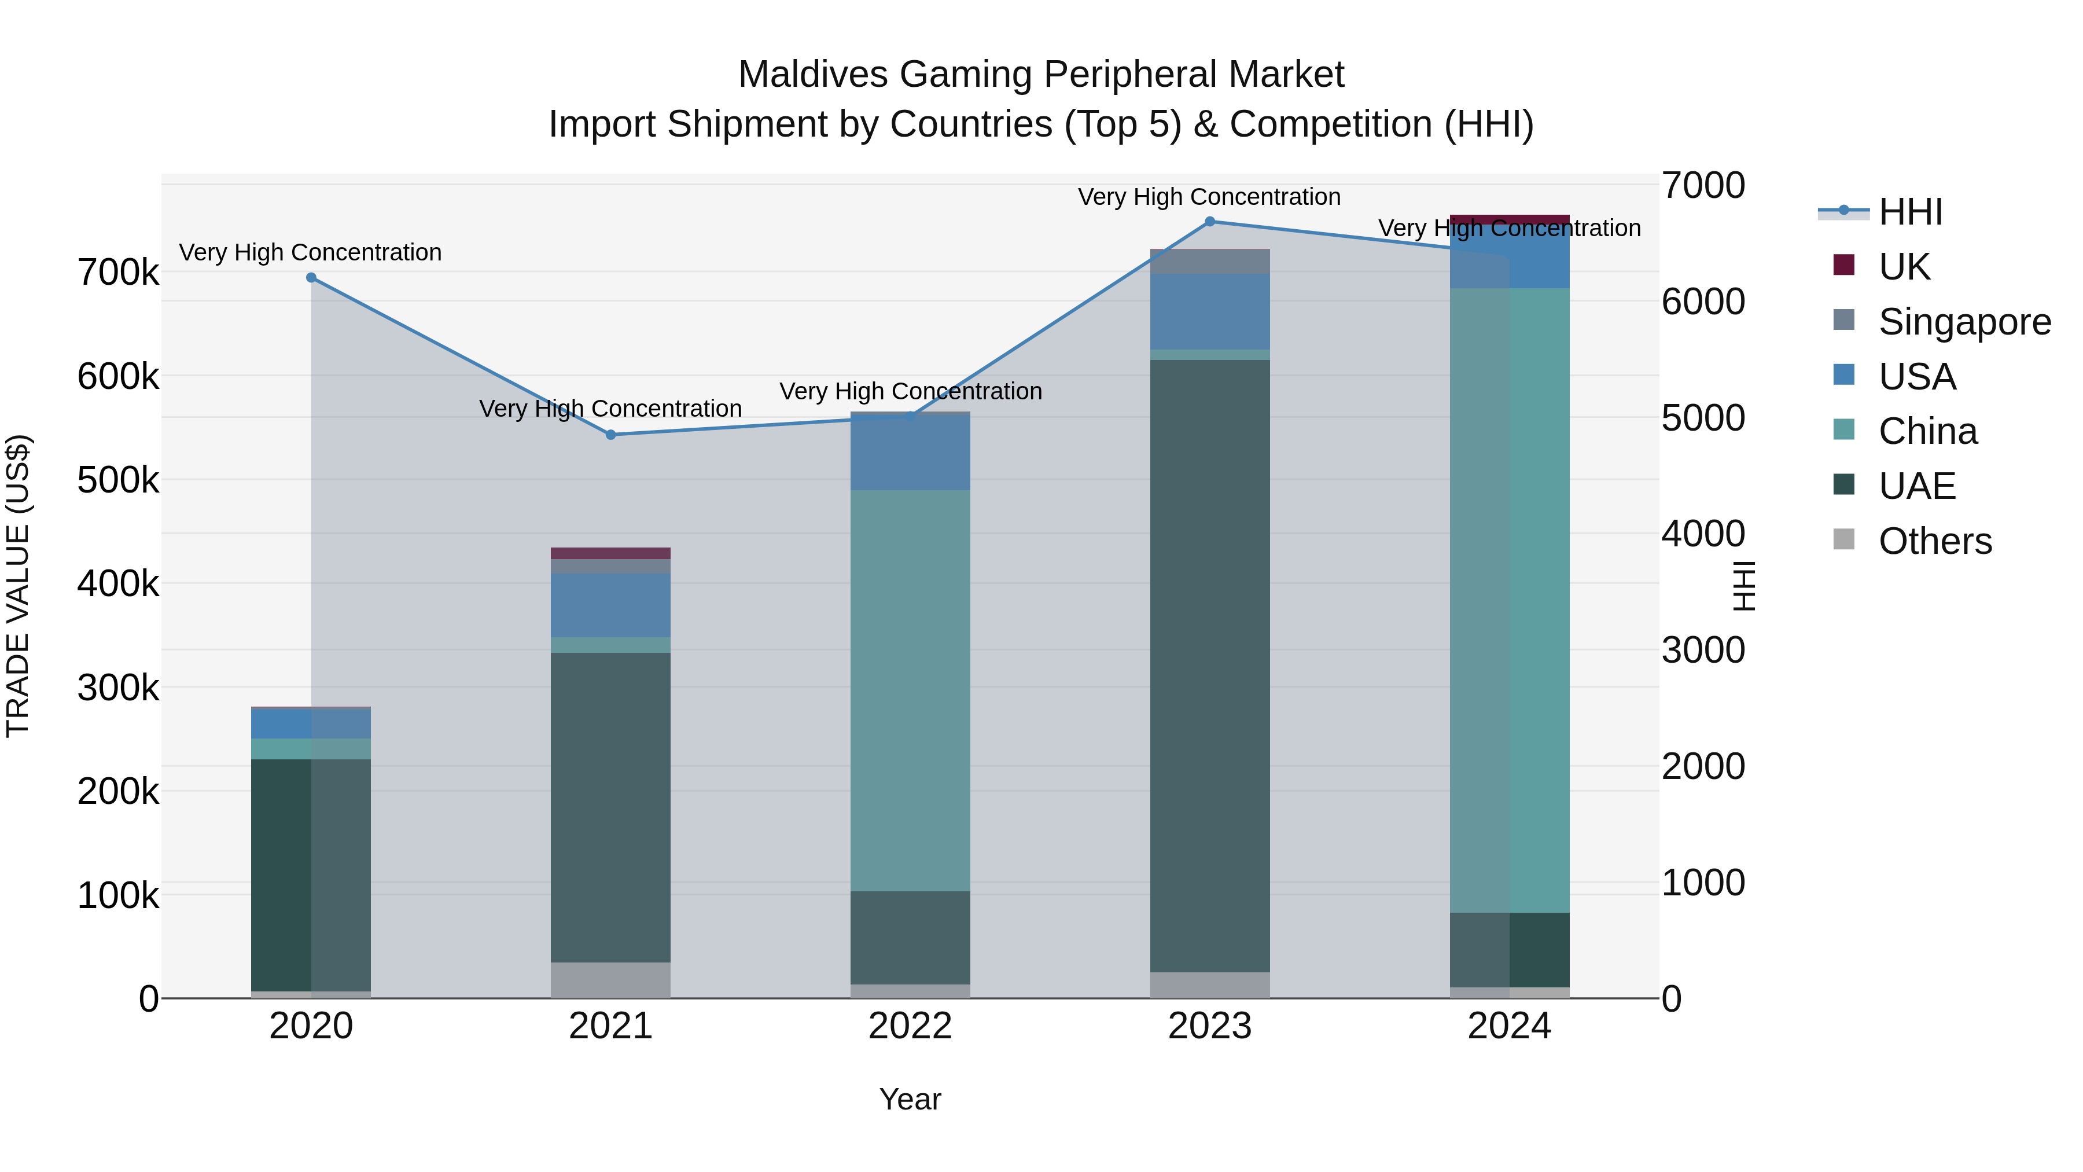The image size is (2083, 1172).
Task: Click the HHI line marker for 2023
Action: (1210, 222)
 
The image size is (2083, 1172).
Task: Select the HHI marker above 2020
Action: (311, 277)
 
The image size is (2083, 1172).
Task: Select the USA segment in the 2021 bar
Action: (610, 605)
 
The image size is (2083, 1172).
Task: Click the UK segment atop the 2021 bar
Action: (610, 553)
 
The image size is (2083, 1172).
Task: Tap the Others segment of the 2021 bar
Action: (610, 979)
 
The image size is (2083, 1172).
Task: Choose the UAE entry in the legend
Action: (1916, 486)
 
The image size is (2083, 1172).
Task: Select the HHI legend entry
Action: (1910, 212)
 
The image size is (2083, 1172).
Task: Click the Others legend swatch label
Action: (1935, 541)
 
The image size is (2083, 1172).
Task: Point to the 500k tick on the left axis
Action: (118, 480)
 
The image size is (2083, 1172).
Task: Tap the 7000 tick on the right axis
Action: (1703, 185)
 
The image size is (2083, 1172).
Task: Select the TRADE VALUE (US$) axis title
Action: (18, 586)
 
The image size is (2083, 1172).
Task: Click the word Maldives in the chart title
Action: (813, 75)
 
